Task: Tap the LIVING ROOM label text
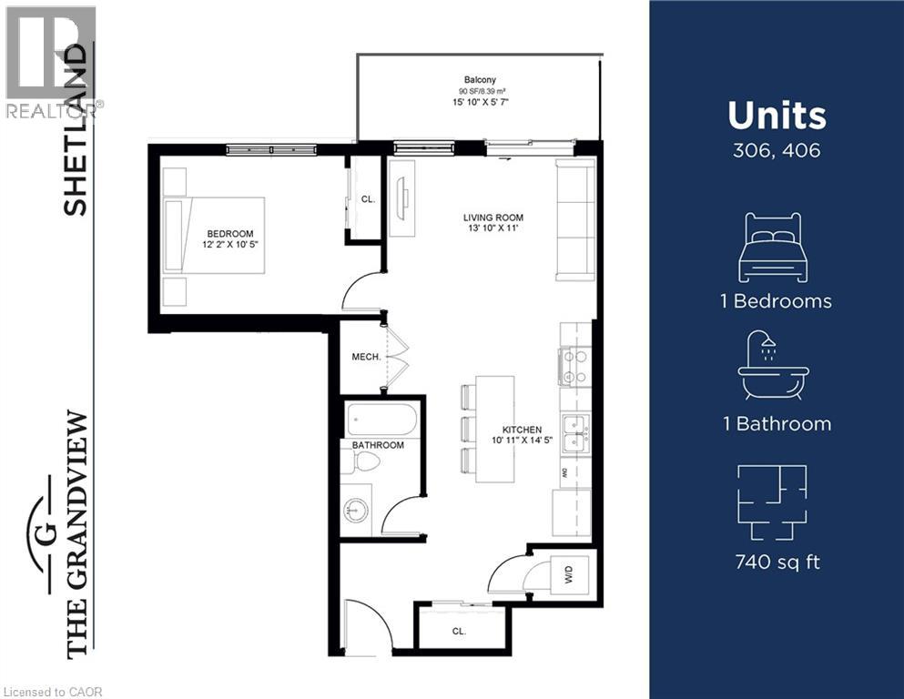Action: pyautogui.click(x=493, y=218)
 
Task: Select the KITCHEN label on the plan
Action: pyautogui.click(x=523, y=430)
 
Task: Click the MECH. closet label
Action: pyautogui.click(x=365, y=358)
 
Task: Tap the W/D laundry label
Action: pyautogui.click(x=568, y=574)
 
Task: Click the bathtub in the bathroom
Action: pyautogui.click(x=381, y=420)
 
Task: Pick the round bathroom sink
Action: pyautogui.click(x=357, y=511)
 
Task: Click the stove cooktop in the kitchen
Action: pyautogui.click(x=574, y=367)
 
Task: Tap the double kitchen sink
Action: pyautogui.click(x=574, y=432)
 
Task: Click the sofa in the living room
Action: pyautogui.click(x=574, y=219)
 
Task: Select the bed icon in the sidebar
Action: pyautogui.click(x=776, y=248)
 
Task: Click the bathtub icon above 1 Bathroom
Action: pyautogui.click(x=776, y=366)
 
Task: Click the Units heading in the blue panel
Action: pyautogui.click(x=777, y=116)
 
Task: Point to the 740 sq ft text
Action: pyautogui.click(x=777, y=562)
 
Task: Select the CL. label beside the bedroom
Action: pyautogui.click(x=367, y=198)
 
